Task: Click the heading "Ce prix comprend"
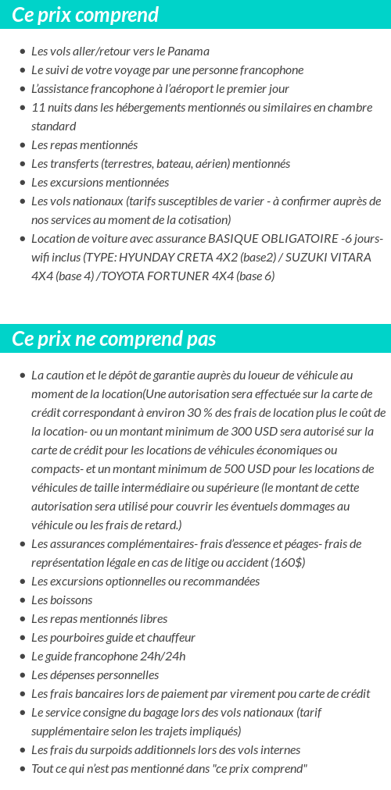coord(85,15)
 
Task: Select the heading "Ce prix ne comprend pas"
coord(114,339)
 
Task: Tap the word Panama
coord(190,52)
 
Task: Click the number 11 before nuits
coord(37,108)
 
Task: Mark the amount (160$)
coord(289,563)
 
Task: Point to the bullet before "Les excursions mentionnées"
coord(23,183)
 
